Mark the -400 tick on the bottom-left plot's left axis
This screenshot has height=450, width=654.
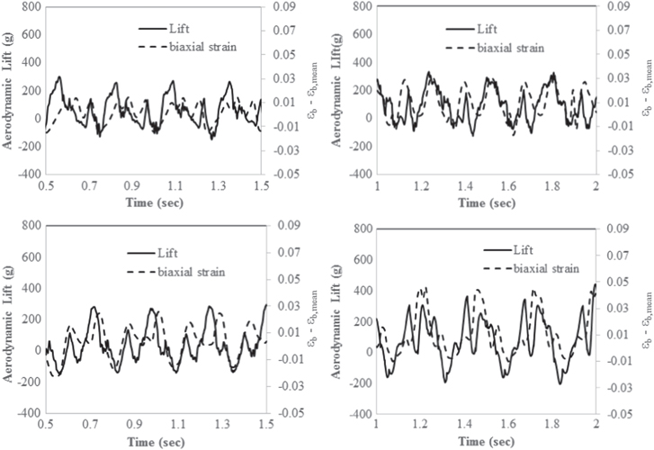click(27, 413)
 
